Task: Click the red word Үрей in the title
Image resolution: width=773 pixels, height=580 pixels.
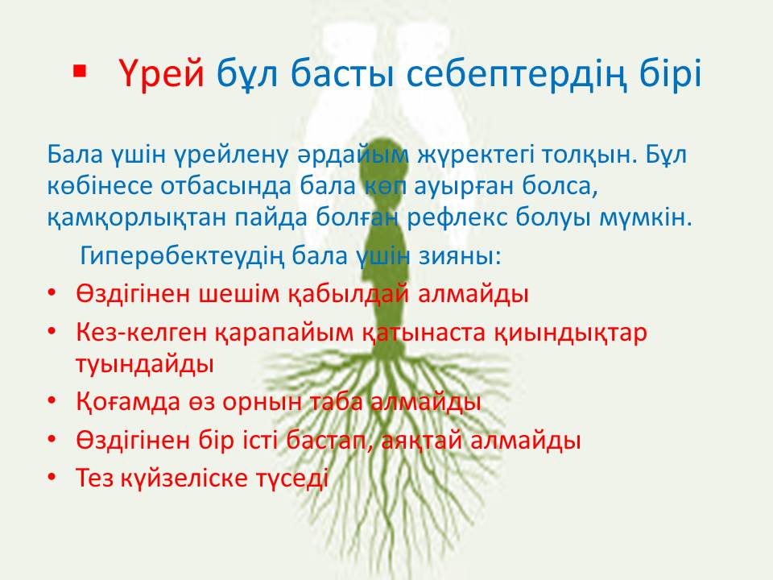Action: [162, 74]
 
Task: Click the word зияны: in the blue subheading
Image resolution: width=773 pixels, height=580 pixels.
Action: [460, 255]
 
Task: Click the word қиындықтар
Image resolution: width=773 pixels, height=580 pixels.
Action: [570, 333]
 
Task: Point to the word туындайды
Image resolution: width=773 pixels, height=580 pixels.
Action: [145, 364]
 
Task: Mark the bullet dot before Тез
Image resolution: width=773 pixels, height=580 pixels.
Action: [52, 478]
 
